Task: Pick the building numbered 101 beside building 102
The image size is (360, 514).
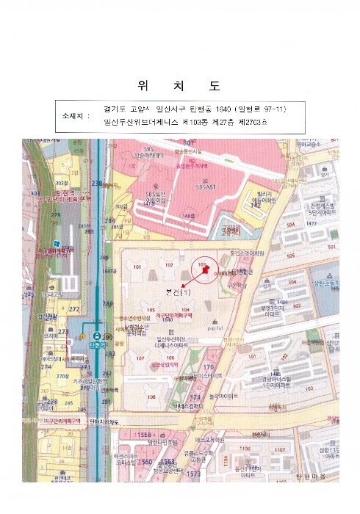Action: [x=137, y=267]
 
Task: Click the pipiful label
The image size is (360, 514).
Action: [x=215, y=329]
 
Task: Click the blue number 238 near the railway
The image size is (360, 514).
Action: [x=96, y=183]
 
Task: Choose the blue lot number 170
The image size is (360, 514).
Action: [x=208, y=367]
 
